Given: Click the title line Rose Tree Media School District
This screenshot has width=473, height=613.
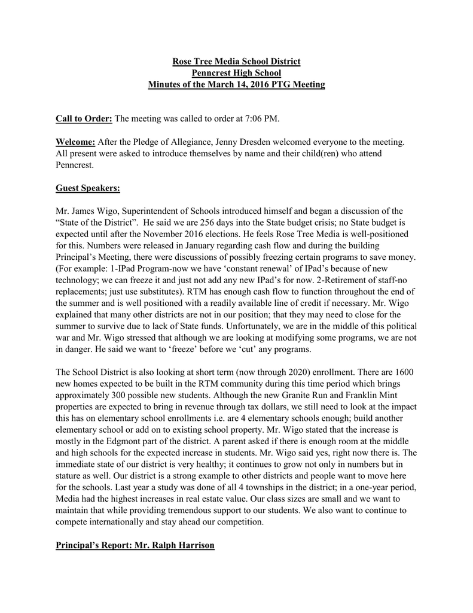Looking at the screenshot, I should click(x=236, y=62).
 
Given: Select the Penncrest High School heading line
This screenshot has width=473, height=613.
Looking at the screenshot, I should click(x=236, y=73).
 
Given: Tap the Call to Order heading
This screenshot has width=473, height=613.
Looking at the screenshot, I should click(x=84, y=119).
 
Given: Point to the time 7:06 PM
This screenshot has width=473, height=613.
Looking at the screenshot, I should click(x=261, y=119).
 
